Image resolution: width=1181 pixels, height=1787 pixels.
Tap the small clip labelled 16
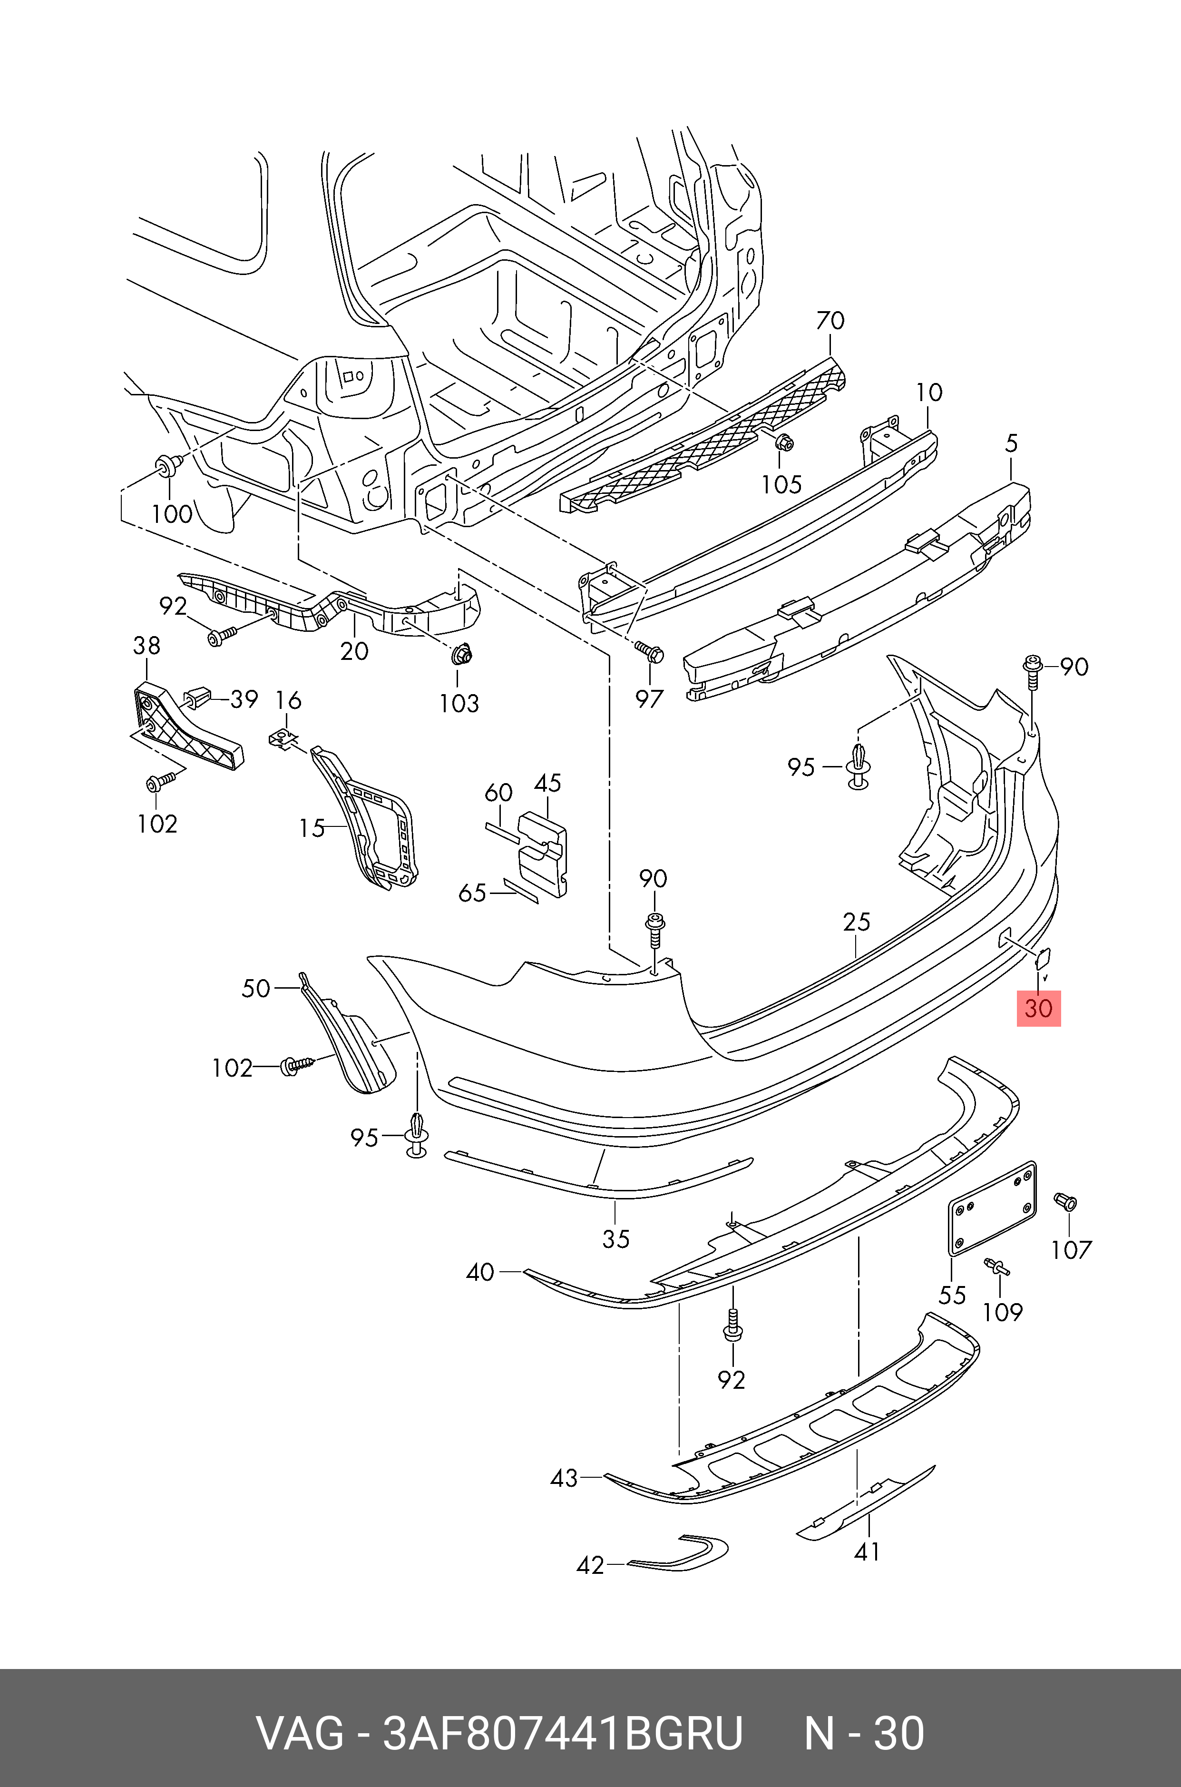tap(283, 737)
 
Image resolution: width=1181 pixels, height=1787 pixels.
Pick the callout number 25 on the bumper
tap(856, 922)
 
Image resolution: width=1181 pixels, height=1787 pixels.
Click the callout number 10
tap(929, 393)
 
